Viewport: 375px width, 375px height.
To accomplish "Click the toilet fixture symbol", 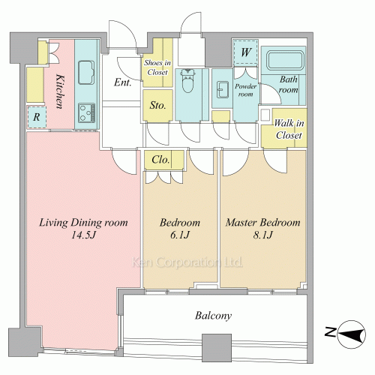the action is [188, 80].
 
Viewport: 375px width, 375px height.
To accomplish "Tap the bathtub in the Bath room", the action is [285, 60].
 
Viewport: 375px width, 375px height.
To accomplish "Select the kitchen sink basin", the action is [86, 73].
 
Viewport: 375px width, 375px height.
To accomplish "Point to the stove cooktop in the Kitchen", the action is [86, 113].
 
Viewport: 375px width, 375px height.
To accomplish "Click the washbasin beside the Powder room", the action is [222, 89].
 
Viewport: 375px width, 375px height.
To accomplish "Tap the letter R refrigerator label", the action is [37, 117].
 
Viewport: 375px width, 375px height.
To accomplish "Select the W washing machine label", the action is [245, 52].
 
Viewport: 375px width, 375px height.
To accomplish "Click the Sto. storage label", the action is [157, 105].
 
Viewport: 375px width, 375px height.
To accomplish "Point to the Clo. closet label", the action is [160, 160].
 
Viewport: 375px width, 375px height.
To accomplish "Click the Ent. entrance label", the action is [122, 82].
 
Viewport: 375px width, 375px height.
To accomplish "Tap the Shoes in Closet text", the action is [157, 67].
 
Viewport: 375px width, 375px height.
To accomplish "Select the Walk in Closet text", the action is [289, 129].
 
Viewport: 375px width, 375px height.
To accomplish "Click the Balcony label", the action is [213, 316].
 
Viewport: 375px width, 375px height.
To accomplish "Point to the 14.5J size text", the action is [84, 235].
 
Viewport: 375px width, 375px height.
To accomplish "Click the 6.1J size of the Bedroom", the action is [180, 235].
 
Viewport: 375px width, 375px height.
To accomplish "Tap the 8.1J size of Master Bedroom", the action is [262, 235].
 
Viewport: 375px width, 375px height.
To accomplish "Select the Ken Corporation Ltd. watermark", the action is [187, 262].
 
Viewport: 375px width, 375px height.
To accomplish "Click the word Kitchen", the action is [59, 91].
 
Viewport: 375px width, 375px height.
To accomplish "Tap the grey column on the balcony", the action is [217, 347].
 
